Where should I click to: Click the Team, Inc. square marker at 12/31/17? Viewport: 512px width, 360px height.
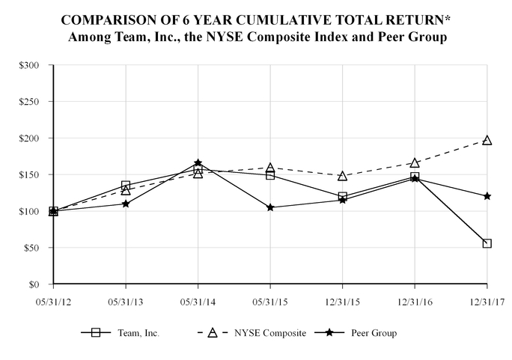tap(487, 243)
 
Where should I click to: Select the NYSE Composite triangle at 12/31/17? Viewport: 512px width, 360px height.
tap(487, 140)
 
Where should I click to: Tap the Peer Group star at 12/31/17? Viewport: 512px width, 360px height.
tap(487, 196)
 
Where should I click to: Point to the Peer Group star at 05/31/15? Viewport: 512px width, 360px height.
tap(270, 207)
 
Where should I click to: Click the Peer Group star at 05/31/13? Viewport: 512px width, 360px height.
tap(126, 204)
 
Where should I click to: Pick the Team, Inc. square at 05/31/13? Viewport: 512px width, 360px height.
tap(126, 185)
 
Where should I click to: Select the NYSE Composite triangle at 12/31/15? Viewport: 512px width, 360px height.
tap(342, 176)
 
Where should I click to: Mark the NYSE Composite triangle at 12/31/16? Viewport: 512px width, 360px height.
tap(415, 162)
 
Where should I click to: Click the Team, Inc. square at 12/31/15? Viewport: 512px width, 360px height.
tap(342, 197)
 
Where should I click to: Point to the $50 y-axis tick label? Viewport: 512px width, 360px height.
tap(31, 248)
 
